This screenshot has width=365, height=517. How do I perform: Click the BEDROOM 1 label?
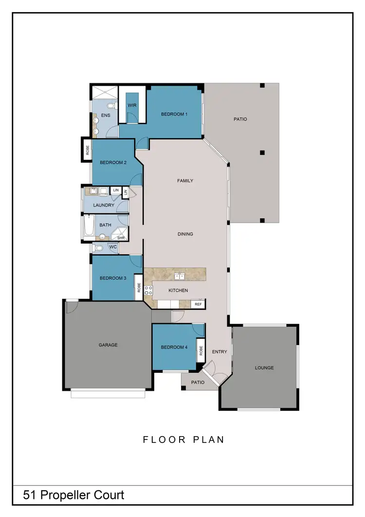tap(174, 115)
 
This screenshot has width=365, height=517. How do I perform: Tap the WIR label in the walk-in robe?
tap(131, 105)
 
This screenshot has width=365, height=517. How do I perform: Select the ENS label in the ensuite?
tap(106, 115)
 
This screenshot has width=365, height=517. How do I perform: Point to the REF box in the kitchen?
tap(198, 304)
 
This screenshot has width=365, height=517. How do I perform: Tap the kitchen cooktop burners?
tap(148, 290)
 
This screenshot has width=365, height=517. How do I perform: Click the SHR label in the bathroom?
tap(121, 238)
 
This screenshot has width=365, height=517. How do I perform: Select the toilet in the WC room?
tap(99, 248)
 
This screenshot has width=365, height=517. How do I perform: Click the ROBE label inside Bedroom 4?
tap(200, 351)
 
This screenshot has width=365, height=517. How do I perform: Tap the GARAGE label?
tap(108, 345)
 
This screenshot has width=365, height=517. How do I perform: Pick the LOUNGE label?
tap(264, 368)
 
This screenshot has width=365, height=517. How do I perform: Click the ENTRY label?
tap(220, 352)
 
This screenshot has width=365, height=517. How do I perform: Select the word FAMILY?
tap(185, 181)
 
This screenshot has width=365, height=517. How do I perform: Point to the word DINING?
tap(185, 234)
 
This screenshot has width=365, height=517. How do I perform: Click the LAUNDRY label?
tap(104, 205)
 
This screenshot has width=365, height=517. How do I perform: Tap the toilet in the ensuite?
tap(111, 105)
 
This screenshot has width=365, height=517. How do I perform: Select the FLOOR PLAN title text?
tap(183, 440)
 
